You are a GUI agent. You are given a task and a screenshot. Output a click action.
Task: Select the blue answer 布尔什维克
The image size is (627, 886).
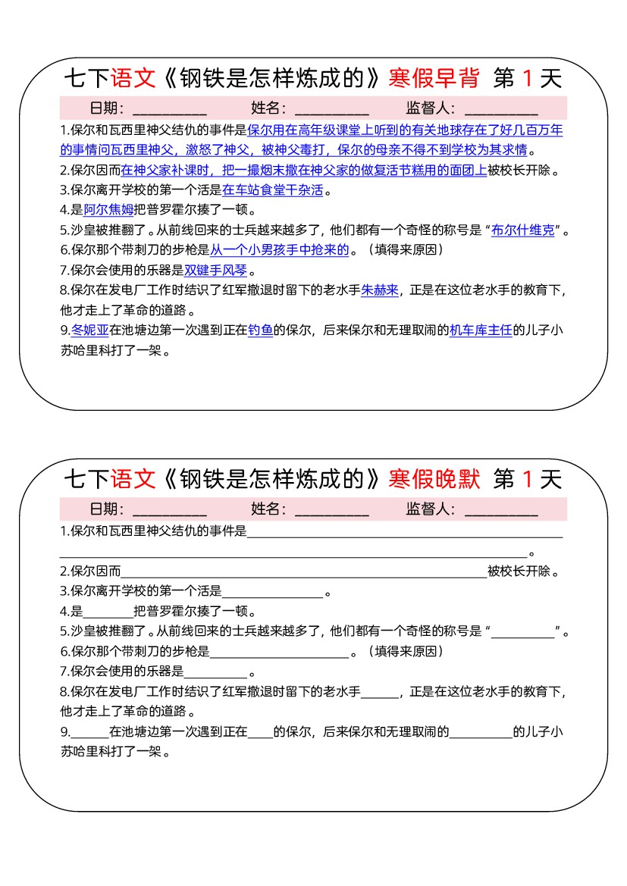522,230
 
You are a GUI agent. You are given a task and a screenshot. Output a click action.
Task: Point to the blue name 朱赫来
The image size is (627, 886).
379,290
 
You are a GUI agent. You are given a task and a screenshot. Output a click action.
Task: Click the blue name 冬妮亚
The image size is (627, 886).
89,330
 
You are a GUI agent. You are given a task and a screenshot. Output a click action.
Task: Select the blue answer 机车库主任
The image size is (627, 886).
481,330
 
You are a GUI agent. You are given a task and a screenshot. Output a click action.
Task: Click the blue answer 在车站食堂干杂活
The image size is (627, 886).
273,190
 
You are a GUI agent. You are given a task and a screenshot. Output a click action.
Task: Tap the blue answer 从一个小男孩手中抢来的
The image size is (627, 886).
279,250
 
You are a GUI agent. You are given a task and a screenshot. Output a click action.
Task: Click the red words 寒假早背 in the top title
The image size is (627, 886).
434,78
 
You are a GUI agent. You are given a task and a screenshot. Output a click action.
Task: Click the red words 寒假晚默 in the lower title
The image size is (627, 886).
434,479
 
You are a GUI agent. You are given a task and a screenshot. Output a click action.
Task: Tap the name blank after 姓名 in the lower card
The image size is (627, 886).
331,509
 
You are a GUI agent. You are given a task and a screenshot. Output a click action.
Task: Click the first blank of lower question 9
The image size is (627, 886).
89,732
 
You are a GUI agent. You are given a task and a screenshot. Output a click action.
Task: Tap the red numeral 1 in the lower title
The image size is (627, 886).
528,479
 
